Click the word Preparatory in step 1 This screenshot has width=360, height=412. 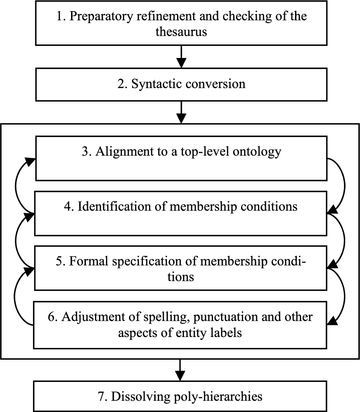pyautogui.click(x=102, y=17)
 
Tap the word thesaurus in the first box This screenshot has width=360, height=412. pyautogui.click(x=181, y=32)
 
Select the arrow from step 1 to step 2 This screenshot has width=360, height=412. pyautogui.click(x=181, y=57)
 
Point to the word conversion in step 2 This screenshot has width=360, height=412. pyautogui.click(x=215, y=84)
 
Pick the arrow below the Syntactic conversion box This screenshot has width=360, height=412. pyautogui.click(x=181, y=112)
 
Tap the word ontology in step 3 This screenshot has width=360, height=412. pyautogui.click(x=257, y=152)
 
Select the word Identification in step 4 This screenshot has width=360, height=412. pyautogui.click(x=114, y=207)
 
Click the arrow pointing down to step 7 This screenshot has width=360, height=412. pyautogui.click(x=180, y=370)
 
